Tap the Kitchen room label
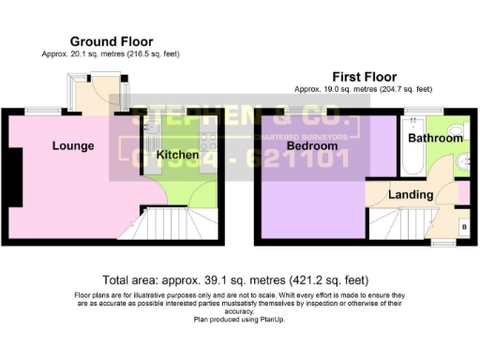(x=176, y=154)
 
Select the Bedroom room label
(x=311, y=147)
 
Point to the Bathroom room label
(x=435, y=139)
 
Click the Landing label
(x=411, y=195)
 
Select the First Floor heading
(x=363, y=76)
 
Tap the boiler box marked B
(x=464, y=227)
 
